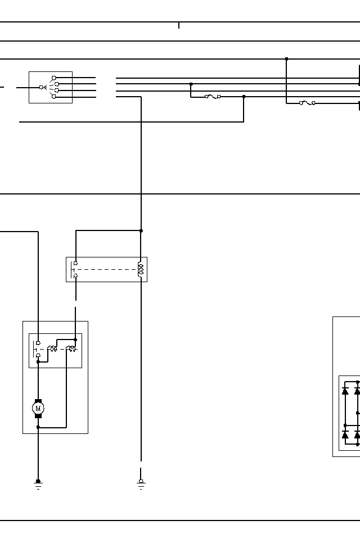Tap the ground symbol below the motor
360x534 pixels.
(38, 483)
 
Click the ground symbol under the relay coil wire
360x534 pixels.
(141, 483)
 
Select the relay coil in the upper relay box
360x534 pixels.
(141, 269)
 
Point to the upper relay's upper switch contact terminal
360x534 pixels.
(75, 263)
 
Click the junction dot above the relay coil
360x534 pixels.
(141, 230)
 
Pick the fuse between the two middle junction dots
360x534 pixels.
(213, 97)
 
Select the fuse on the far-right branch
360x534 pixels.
(307, 103)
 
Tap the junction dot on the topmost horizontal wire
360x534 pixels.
(286, 59)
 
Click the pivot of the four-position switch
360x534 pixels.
(41, 87)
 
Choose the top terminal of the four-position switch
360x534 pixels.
(54, 78)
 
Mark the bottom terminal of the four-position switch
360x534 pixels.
(54, 97)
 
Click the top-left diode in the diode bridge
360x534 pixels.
(345, 391)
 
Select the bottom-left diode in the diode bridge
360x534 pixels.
(345, 435)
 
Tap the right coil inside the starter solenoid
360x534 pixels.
(71, 349)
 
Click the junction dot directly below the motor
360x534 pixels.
(38, 427)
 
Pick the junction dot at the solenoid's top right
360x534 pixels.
(75, 340)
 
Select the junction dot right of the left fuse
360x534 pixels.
(244, 97)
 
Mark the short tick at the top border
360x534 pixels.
(179, 25)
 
